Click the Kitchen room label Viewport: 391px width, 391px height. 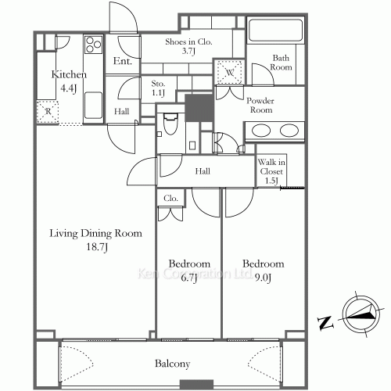point(69,74)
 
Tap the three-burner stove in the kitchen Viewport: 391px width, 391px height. point(93,45)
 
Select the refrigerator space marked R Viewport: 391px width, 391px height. point(48,112)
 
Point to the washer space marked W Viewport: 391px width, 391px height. point(229,72)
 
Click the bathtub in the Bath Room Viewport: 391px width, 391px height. point(275,29)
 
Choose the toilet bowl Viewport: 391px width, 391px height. point(170,124)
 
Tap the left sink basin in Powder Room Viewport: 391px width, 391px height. point(261,131)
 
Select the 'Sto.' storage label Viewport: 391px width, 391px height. point(158,84)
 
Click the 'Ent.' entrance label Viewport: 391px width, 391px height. point(122,61)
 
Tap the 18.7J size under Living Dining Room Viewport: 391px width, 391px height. point(97,246)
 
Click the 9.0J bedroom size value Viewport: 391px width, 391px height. point(264,278)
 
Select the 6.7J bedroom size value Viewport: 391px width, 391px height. point(189,278)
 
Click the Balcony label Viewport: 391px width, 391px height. point(172,364)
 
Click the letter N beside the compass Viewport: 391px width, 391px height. point(325,323)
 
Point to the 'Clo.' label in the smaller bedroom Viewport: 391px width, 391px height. point(170,199)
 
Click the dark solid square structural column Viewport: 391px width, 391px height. point(199,108)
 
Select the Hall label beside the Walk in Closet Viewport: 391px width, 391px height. point(203,171)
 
